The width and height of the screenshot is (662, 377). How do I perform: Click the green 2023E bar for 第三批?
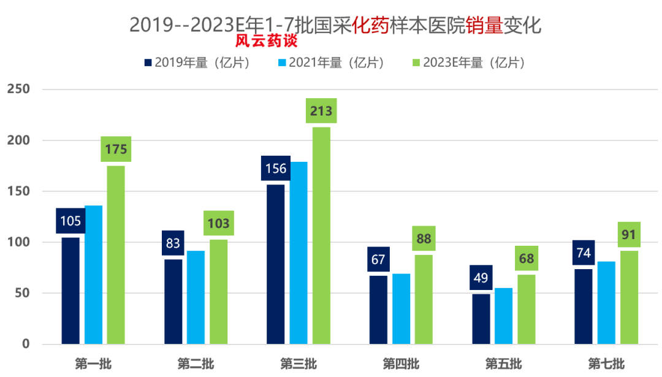pyautogui.click(x=321, y=235)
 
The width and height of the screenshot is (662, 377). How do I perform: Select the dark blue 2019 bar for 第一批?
pyautogui.click(x=70, y=290)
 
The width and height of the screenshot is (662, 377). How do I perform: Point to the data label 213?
pyautogui.click(x=321, y=111)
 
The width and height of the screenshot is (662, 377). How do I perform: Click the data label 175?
pyautogui.click(x=116, y=150)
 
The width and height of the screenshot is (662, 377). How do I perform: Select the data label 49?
pyautogui.click(x=481, y=278)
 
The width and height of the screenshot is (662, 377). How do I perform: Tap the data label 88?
pyautogui.click(x=424, y=238)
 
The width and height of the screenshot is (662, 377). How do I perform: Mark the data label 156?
pyautogui.click(x=275, y=168)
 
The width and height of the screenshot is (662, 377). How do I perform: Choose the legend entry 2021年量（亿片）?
pyautogui.click(x=332, y=63)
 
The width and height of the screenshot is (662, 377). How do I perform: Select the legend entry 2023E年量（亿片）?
pyautogui.click(x=470, y=63)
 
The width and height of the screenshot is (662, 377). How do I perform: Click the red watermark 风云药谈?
pyautogui.click(x=266, y=42)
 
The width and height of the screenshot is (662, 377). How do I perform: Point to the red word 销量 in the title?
pyautogui.click(x=484, y=25)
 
